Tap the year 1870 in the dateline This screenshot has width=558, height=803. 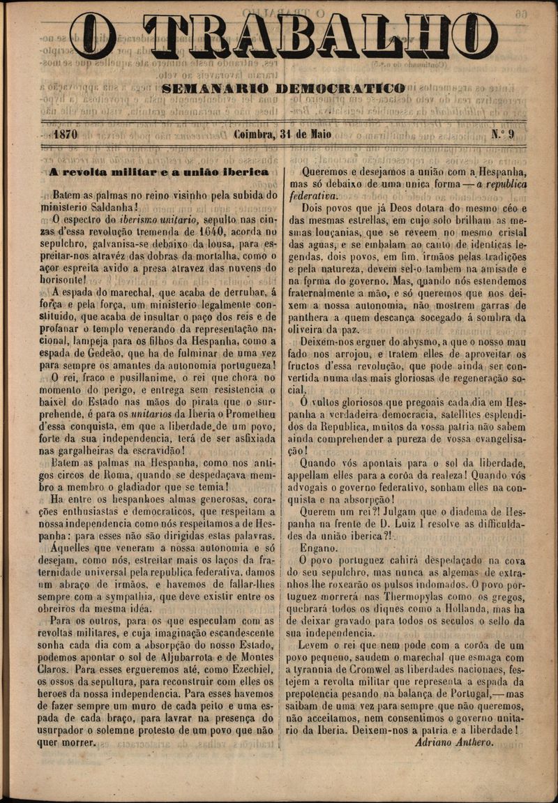point(65,135)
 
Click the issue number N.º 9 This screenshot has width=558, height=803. point(502,135)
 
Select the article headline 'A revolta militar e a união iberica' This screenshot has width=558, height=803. point(159,172)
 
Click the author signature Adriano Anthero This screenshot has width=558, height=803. point(453,742)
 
